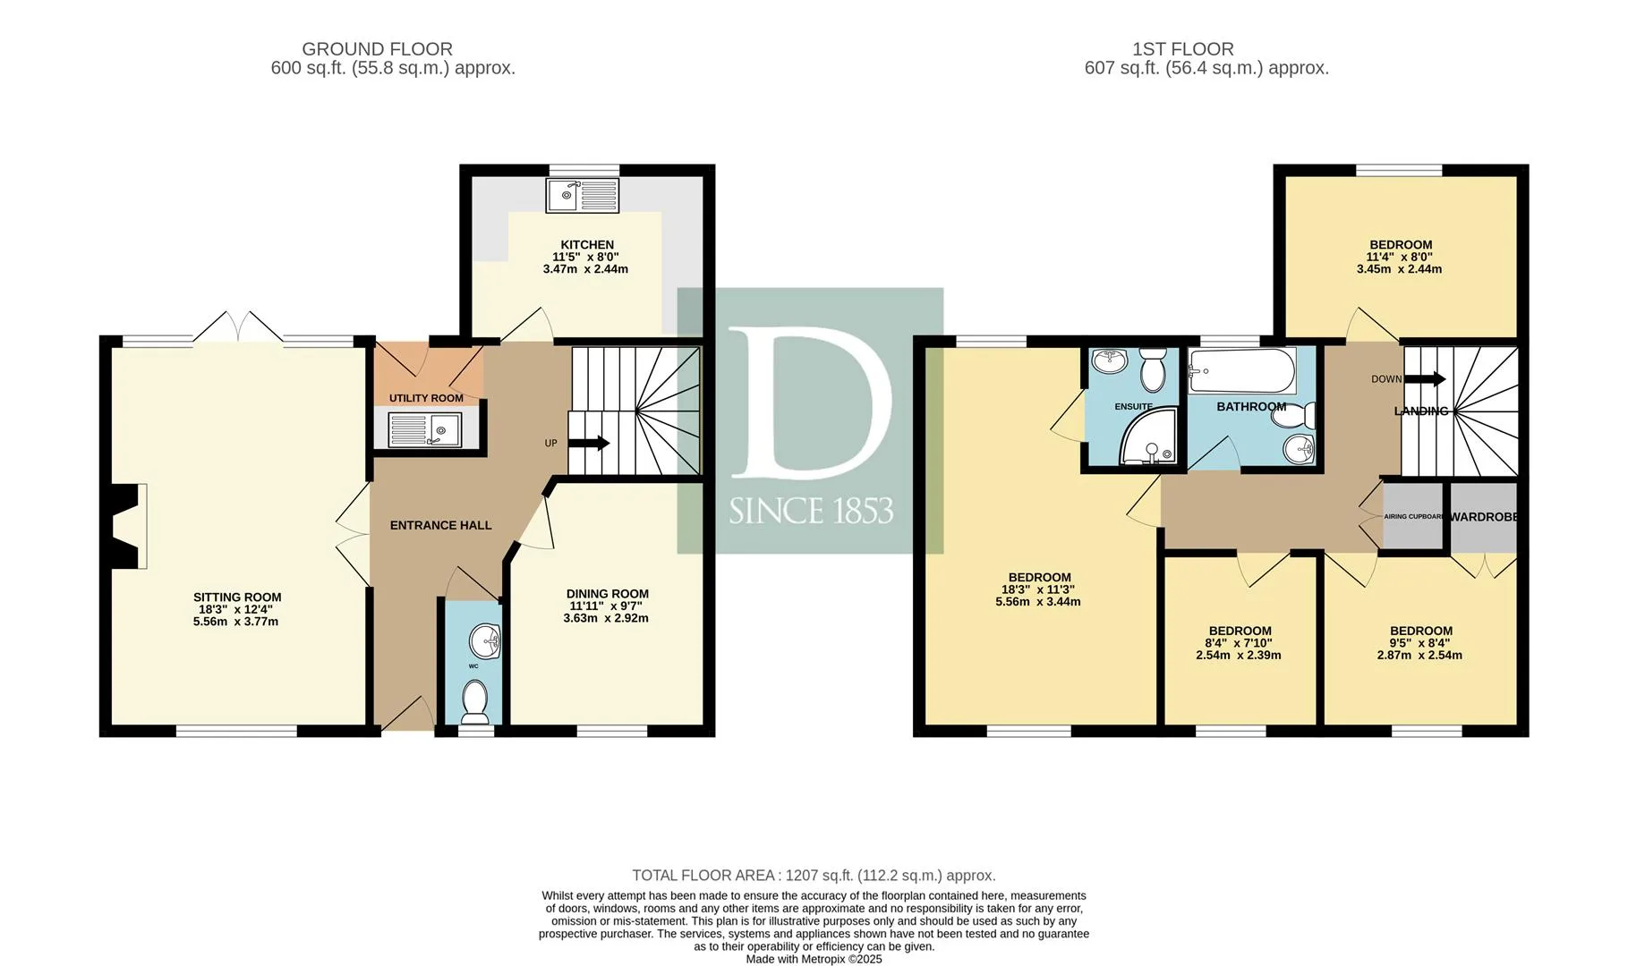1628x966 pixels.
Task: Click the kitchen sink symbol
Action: click(582, 196)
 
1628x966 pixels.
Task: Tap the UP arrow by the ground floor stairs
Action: click(589, 443)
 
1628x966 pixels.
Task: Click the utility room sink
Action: click(425, 429)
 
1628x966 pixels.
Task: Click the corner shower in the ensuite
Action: click(1147, 442)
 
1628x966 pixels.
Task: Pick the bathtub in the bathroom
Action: click(1242, 371)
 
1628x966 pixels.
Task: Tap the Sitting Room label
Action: click(237, 597)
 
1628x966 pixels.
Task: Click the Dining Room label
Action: click(608, 594)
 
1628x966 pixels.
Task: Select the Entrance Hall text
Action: click(441, 525)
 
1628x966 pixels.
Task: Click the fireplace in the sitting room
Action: click(126, 526)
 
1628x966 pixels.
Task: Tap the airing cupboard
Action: click(1414, 517)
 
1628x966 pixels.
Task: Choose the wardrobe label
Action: click(1484, 517)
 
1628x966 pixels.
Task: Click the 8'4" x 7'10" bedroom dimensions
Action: click(1239, 643)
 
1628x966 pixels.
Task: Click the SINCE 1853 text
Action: click(811, 511)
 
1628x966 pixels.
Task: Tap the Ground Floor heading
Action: click(377, 49)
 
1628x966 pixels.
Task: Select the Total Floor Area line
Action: click(814, 876)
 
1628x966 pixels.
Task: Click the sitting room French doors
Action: click(238, 326)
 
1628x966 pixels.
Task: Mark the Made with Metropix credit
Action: click(814, 959)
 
